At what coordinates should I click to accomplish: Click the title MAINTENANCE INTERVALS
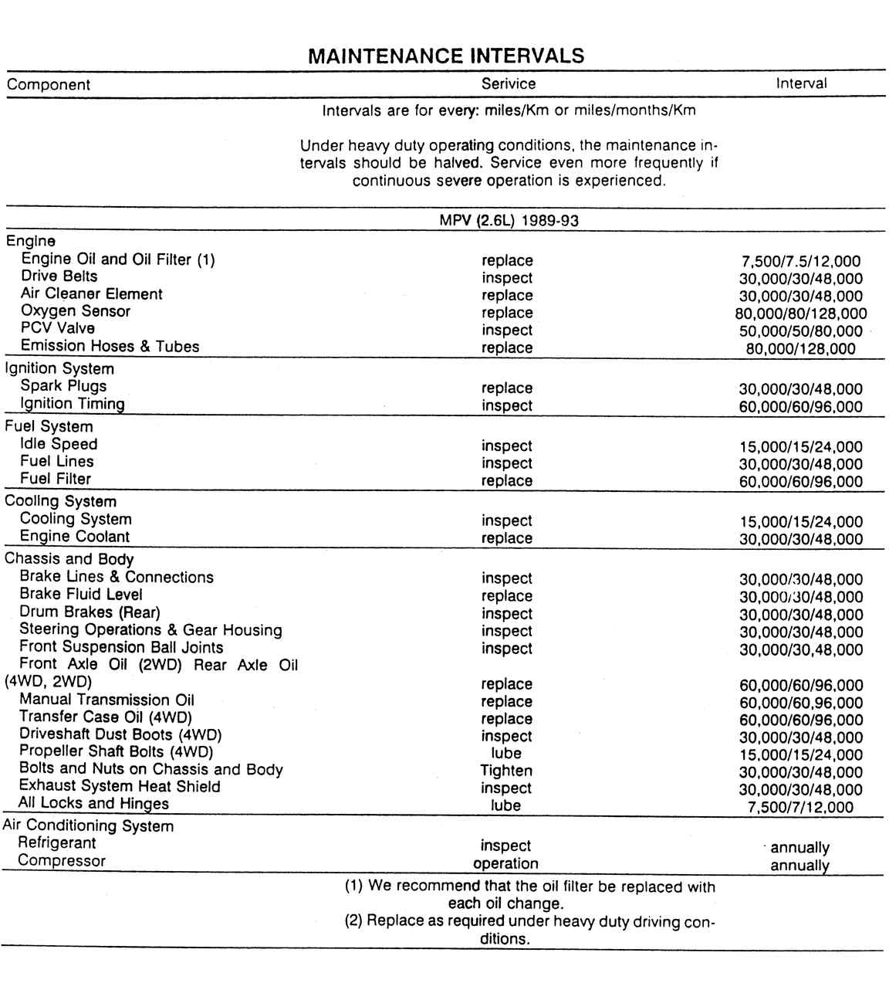point(445,56)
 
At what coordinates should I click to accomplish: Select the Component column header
point(49,85)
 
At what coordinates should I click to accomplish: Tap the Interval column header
point(801,83)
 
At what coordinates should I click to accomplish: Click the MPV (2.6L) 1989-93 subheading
point(509,220)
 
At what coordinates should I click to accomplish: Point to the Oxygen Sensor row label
point(76,311)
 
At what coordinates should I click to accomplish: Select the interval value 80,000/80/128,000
point(801,314)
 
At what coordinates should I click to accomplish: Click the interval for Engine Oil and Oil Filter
point(801,262)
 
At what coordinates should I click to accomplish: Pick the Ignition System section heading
point(59,368)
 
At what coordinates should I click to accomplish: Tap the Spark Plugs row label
point(63,386)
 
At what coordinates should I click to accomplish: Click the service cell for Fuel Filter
point(507,480)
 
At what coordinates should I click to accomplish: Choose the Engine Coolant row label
point(75,537)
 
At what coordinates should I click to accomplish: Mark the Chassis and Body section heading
point(69,559)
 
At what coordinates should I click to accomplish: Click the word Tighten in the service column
point(506,771)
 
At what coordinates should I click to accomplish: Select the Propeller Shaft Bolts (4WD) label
point(117,751)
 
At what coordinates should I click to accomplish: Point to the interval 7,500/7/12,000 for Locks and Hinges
point(801,808)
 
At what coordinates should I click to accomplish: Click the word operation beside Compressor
point(505,863)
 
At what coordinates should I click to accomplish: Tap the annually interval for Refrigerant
point(800,847)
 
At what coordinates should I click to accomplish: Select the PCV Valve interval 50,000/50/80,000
point(801,331)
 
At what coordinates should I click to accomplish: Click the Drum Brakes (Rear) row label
point(90,612)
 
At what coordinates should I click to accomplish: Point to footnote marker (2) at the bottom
point(353,920)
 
